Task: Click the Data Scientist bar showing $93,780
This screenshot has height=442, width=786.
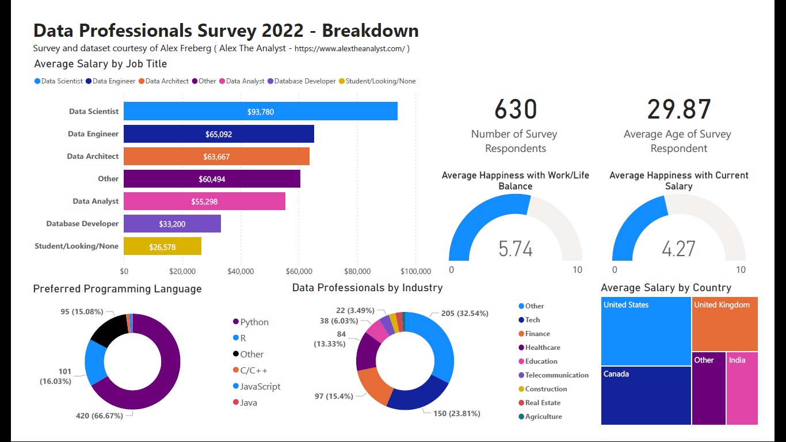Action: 260,112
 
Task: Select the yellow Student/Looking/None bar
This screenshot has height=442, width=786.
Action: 162,246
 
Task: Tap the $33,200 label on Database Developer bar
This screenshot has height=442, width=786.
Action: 172,224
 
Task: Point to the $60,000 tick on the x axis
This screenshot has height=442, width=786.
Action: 299,271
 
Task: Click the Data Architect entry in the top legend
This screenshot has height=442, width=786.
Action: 167,81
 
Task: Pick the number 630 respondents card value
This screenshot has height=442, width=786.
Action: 515,109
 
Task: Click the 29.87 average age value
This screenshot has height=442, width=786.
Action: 679,109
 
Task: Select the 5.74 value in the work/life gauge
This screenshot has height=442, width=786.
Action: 516,249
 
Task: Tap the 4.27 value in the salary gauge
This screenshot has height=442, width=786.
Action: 679,249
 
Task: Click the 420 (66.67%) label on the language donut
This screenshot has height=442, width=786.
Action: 100,416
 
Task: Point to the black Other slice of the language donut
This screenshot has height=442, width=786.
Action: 108,331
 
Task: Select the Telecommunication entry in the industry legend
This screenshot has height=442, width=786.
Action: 556,375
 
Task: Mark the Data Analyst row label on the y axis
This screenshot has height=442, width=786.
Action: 96,201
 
